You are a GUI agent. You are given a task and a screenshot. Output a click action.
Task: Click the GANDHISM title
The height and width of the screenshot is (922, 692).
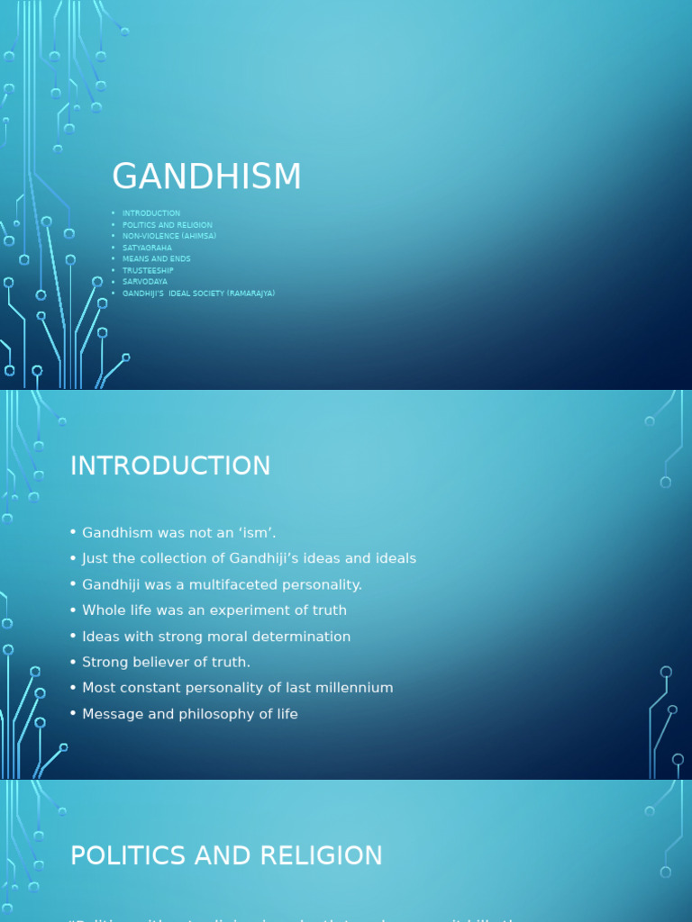click(x=206, y=177)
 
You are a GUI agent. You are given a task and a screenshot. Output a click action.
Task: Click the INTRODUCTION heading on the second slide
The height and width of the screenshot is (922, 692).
click(x=170, y=466)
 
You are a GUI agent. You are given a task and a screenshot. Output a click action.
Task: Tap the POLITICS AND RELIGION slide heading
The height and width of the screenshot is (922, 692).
click(x=226, y=855)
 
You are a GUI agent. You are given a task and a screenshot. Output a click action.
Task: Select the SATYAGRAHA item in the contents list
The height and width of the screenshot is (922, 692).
click(x=147, y=248)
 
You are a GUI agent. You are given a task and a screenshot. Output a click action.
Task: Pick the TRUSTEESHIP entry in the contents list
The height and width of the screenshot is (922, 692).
click(x=148, y=270)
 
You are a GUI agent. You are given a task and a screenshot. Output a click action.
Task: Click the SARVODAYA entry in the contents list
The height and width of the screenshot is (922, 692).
click(x=145, y=282)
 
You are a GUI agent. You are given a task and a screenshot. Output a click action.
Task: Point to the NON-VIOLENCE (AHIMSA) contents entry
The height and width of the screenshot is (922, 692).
click(x=169, y=236)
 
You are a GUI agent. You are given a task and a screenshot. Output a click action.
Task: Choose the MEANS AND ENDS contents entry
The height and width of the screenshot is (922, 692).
click(x=157, y=259)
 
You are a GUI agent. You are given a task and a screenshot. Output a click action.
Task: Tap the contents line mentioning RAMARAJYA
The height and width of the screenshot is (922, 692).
click(x=198, y=294)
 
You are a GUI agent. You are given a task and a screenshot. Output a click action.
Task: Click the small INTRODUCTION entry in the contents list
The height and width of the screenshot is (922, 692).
click(x=151, y=213)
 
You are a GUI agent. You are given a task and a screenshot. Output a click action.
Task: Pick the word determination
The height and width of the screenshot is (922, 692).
click(x=305, y=637)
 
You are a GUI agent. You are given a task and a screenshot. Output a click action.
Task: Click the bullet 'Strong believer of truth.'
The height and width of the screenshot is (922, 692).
click(x=166, y=663)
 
